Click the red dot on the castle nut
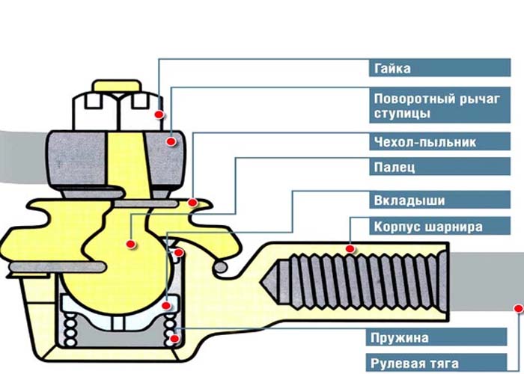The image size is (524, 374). pos(159,114)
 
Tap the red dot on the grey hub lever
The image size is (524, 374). pos(171,141)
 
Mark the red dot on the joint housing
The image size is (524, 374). pos(350,248)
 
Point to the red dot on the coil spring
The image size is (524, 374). pos(174,338)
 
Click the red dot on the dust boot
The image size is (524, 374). pos(192,202)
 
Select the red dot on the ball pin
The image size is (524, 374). pos(130,244)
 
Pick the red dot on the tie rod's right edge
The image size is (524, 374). pos(516,307)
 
